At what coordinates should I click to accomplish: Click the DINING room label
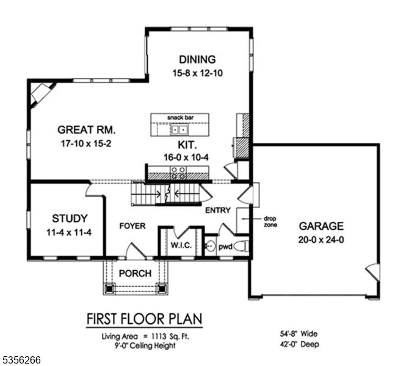point(197,60)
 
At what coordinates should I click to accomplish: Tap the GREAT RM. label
point(87,130)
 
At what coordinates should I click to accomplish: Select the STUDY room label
point(70,218)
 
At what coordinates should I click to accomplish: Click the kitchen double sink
point(179,129)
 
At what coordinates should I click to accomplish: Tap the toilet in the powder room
point(242,246)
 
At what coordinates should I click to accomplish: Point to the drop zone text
point(270,221)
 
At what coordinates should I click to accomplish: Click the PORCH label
point(135,273)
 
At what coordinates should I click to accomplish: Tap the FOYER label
point(132,226)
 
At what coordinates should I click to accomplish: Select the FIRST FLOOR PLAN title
point(144,319)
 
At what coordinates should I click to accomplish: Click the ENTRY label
point(218,210)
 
